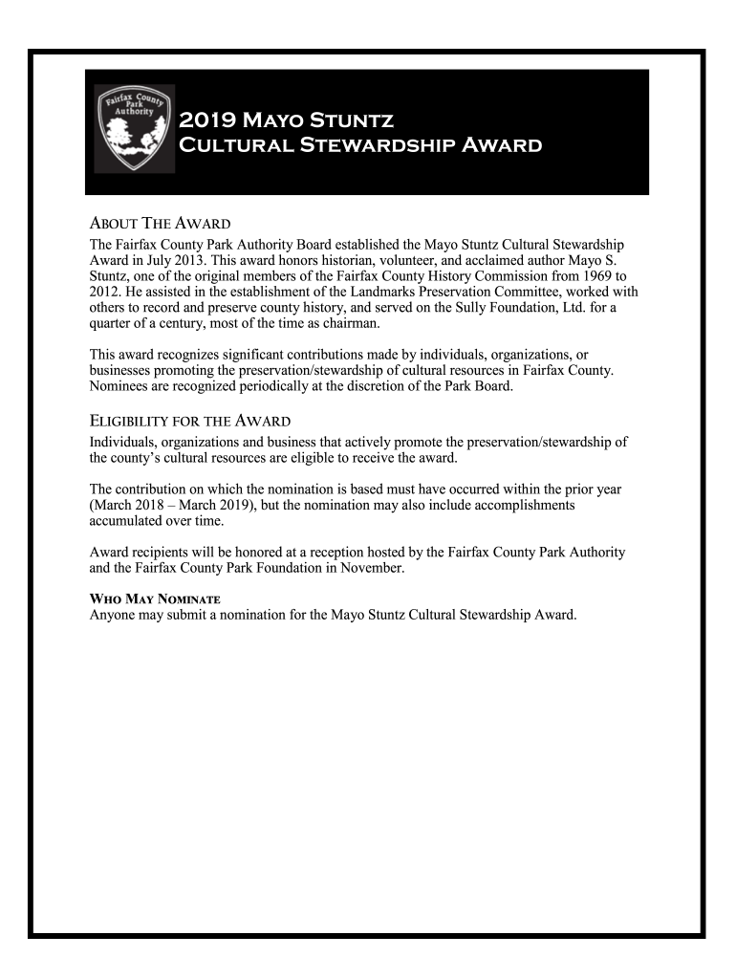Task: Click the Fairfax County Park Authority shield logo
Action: pos(134,129)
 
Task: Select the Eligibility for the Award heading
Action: pos(190,422)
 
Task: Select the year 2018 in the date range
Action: pos(150,506)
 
